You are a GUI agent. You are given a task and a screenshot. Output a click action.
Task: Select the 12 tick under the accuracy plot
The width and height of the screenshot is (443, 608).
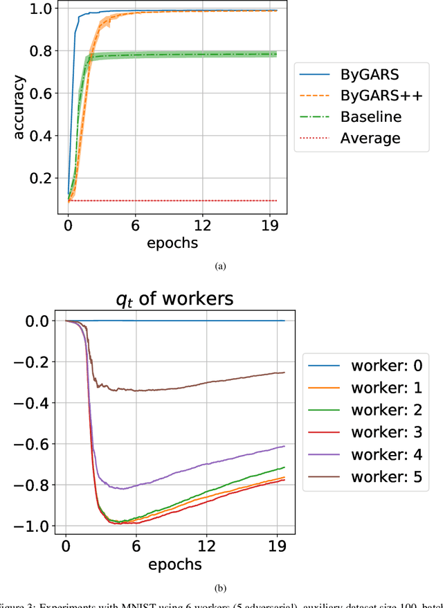(202, 225)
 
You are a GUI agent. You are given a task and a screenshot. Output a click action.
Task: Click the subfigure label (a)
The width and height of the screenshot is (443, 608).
(221, 265)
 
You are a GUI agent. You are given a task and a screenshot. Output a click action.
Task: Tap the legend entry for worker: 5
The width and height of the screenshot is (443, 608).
(370, 476)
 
